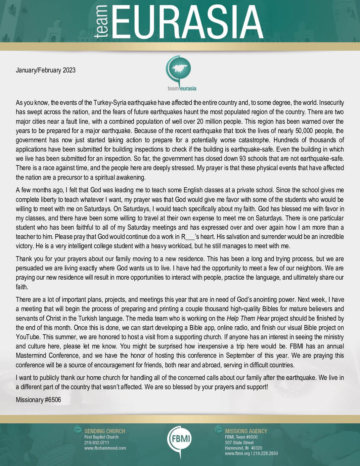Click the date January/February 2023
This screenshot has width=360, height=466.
[x=46, y=70]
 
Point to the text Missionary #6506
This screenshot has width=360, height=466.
[x=38, y=400]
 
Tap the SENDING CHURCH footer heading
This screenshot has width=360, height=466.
[x=105, y=431]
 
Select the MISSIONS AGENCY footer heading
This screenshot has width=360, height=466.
[x=246, y=431]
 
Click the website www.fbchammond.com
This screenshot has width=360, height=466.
[x=105, y=448]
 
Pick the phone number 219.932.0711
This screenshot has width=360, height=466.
[x=97, y=443]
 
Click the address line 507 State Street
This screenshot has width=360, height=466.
[x=239, y=443]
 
